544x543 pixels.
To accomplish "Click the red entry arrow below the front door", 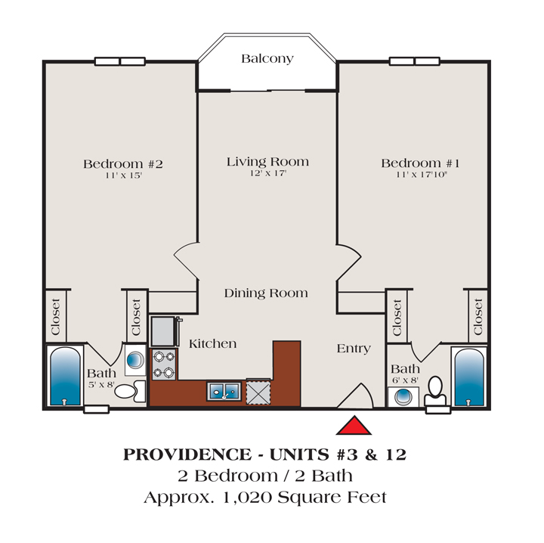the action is (x=354, y=426).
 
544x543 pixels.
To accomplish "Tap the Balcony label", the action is (x=267, y=59).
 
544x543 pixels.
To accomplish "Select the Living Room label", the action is (x=267, y=161).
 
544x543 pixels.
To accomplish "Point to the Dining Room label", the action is (x=266, y=293).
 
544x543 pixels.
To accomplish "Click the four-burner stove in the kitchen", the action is (x=164, y=365).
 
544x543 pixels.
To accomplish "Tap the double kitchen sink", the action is (x=224, y=391).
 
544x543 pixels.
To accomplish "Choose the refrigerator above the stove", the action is (x=163, y=331).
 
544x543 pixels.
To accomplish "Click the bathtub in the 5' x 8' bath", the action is (x=65, y=376).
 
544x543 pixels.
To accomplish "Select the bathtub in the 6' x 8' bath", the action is (x=469, y=377).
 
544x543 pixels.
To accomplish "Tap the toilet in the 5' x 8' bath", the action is (x=130, y=391).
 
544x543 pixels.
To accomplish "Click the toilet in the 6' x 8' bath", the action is (x=435, y=391).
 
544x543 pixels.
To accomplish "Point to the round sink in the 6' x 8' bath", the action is (x=403, y=397).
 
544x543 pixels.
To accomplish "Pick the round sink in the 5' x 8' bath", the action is (x=135, y=360).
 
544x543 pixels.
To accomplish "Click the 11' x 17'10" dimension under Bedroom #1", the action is (x=422, y=174).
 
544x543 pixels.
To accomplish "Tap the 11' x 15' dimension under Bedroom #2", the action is (x=124, y=175).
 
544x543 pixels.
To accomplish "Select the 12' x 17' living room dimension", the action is (x=268, y=173).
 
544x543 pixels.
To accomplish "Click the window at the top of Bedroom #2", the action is (x=120, y=61).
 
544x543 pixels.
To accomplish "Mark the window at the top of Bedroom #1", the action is (x=415, y=61).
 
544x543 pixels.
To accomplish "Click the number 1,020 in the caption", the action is (x=247, y=498).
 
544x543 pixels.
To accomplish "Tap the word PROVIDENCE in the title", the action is (x=187, y=455).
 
